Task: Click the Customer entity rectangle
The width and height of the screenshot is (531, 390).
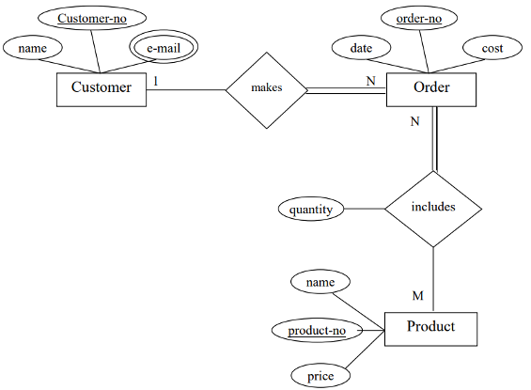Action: click(x=101, y=88)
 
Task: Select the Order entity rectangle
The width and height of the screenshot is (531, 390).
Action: click(x=431, y=88)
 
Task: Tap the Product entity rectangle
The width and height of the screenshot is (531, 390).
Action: click(x=431, y=327)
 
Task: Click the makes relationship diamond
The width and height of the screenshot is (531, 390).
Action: click(x=267, y=88)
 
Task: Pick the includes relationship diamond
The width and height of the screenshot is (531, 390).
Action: click(x=433, y=208)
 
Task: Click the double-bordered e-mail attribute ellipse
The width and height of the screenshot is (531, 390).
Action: click(x=164, y=48)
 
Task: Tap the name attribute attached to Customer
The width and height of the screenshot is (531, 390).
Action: click(x=33, y=47)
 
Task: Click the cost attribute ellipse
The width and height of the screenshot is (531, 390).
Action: click(x=492, y=48)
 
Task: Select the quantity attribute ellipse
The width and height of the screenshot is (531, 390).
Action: click(x=311, y=210)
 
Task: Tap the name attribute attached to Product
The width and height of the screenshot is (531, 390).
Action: click(x=320, y=281)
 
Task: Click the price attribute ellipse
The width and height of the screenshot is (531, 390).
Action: click(x=320, y=376)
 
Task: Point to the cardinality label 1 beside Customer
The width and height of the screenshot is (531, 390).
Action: click(x=156, y=81)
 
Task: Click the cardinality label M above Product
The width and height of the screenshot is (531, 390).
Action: click(x=418, y=296)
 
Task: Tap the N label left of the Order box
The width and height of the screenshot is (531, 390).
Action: click(x=370, y=81)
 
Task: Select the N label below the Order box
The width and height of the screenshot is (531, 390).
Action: click(x=415, y=122)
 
